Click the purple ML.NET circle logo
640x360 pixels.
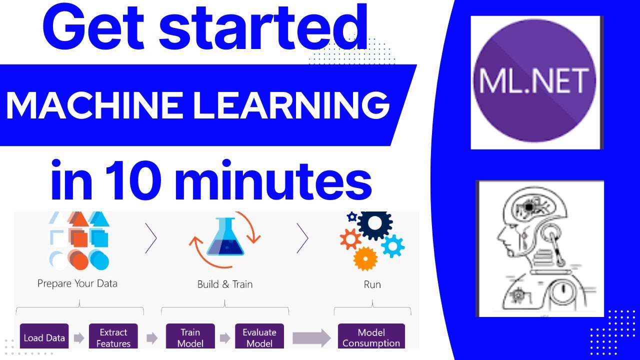pyautogui.click(x=535, y=82)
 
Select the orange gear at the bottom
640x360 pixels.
pyautogui.click(x=365, y=258)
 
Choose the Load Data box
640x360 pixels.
pyautogui.click(x=44, y=337)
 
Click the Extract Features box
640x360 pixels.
pyautogui.click(x=113, y=337)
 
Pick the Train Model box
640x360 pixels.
pyautogui.click(x=190, y=337)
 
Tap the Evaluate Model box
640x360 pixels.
pyautogui.click(x=259, y=337)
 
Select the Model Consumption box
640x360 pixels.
pyautogui.click(x=371, y=337)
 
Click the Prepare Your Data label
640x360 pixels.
pyautogui.click(x=77, y=283)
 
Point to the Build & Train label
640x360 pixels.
pyautogui.click(x=225, y=284)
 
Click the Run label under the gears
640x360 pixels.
pyautogui.click(x=372, y=284)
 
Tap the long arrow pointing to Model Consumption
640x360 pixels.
pyautogui.click(x=311, y=338)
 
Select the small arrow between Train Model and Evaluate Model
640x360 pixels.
pyautogui.click(x=225, y=338)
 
